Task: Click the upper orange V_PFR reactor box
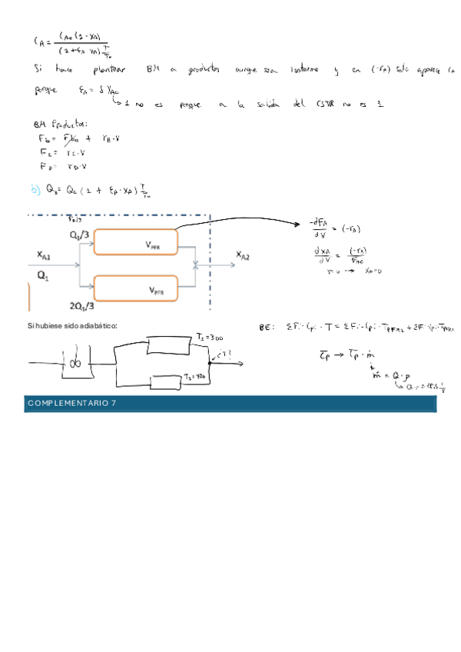click(x=137, y=242)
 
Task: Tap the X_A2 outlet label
click(x=242, y=256)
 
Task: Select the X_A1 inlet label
click(x=45, y=255)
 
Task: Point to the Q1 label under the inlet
click(x=41, y=274)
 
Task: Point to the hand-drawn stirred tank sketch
click(x=75, y=361)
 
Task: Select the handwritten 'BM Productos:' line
click(x=61, y=124)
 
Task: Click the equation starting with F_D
click(x=63, y=165)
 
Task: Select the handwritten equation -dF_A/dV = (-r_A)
click(x=337, y=229)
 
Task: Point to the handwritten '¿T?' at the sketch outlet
click(x=224, y=354)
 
